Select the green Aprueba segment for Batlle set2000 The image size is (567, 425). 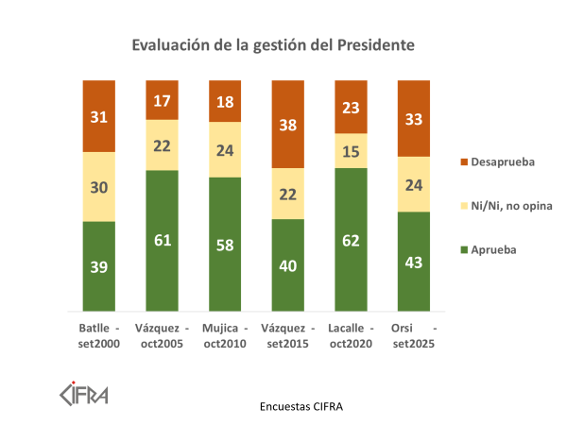click(98, 265)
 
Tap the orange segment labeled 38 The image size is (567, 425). click(288, 124)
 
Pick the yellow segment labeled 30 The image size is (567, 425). click(98, 186)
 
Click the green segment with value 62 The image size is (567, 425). click(351, 239)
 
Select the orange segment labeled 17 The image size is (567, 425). click(162, 99)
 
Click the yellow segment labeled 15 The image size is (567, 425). click(351, 150)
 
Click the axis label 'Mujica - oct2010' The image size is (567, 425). click(225, 335)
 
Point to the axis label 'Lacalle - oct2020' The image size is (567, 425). click(351, 335)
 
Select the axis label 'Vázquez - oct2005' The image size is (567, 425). click(162, 335)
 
